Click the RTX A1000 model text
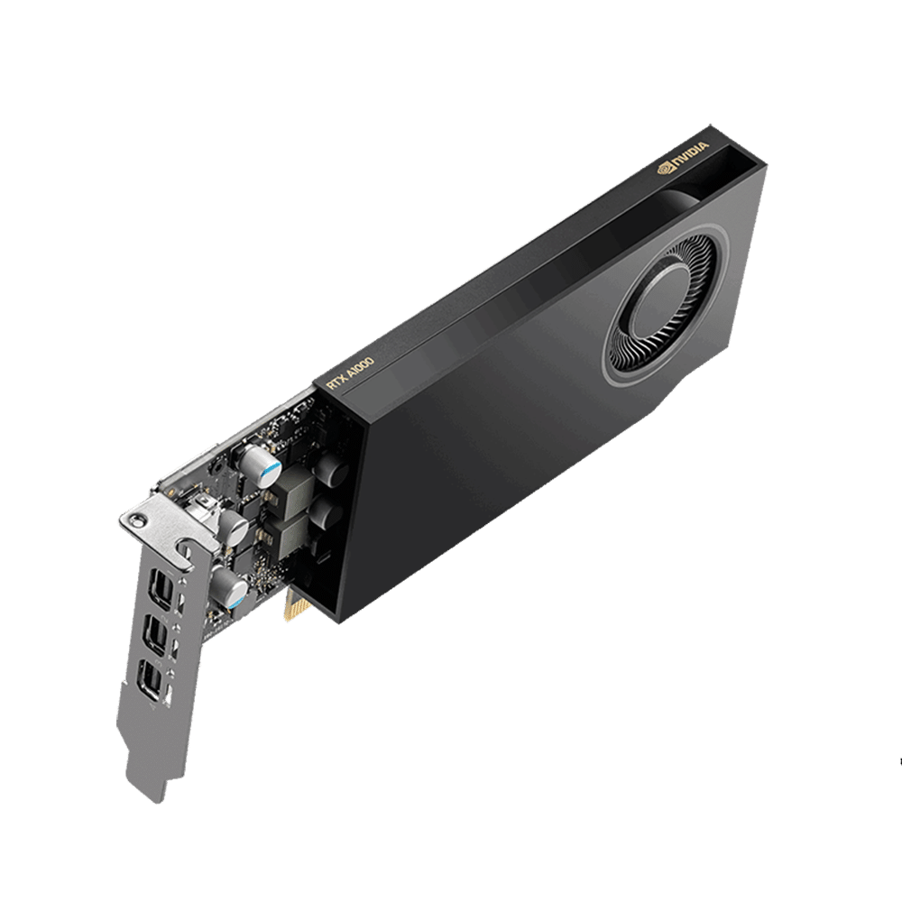tap(350, 374)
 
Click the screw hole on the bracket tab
tap(136, 520)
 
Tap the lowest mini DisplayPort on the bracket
tap(152, 681)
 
